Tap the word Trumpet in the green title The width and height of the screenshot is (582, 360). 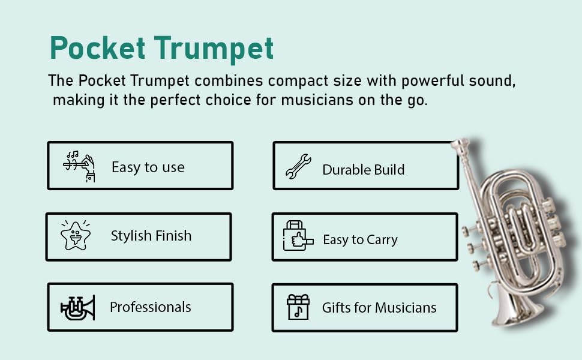point(221,49)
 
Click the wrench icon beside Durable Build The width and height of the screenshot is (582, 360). point(298,167)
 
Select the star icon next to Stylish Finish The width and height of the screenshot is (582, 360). point(76,235)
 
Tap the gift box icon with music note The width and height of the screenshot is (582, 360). point(298,307)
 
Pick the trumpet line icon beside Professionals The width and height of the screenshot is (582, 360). point(77,307)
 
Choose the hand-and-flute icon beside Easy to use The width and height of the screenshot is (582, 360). point(80,166)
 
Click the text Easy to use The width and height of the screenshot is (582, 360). point(148,167)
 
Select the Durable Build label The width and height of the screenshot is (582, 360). point(363,170)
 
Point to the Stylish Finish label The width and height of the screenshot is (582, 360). point(151,236)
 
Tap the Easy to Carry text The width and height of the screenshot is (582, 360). point(360,240)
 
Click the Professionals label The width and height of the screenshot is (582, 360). point(150,307)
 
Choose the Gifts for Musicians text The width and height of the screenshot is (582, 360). point(379,308)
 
